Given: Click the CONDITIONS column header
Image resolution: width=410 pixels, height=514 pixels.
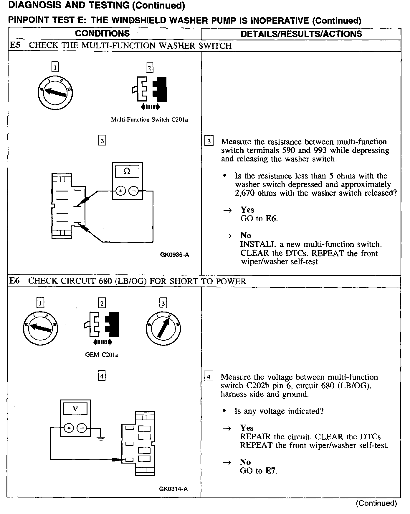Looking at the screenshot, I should [x=102, y=33].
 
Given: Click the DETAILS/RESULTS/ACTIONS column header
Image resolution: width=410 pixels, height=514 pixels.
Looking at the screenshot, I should [x=301, y=34].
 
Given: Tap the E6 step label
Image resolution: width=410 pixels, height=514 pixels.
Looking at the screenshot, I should [x=14, y=281].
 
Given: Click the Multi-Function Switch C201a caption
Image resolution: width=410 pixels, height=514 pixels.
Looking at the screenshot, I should [x=149, y=120].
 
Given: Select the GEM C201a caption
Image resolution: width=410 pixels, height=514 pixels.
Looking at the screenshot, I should [x=102, y=355].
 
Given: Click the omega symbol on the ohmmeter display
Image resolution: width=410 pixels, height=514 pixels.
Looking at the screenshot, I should [x=127, y=171].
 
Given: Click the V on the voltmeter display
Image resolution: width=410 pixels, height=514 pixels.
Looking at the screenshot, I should [x=75, y=409].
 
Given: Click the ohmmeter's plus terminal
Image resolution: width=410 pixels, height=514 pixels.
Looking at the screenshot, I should [x=120, y=191].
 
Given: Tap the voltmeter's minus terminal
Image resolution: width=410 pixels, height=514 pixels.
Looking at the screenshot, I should [x=82, y=428].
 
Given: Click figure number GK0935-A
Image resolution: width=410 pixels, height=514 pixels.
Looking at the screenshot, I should [x=174, y=254].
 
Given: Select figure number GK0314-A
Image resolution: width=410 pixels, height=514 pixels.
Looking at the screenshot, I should [x=173, y=489].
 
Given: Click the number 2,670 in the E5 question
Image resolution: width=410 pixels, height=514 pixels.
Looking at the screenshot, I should [x=245, y=193].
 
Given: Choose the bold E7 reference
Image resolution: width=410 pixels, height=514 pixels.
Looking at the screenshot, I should [x=271, y=471].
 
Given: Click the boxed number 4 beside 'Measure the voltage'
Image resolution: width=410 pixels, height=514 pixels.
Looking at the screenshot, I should [x=209, y=377].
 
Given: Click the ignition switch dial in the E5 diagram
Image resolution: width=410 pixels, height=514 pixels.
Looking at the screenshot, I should [x=55, y=93].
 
